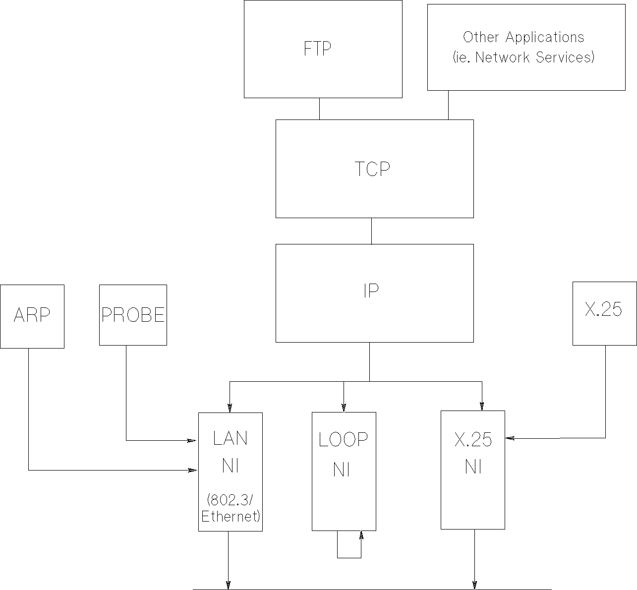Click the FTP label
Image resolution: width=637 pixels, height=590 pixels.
pos(317,49)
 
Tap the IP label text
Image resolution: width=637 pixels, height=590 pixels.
pos(371,291)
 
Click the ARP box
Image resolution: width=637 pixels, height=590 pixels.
pos(32,316)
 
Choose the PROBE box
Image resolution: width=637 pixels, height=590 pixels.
pos(133,315)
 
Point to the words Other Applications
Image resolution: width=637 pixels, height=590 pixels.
pos(523,37)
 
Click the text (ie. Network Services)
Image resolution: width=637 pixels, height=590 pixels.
pos(523,58)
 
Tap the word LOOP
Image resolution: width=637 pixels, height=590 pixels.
pos(343,440)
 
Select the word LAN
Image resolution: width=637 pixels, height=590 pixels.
pos(230,438)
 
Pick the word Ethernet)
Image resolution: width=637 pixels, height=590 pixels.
pos(231,516)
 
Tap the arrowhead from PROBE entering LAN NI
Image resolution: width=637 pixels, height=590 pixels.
pos(191,440)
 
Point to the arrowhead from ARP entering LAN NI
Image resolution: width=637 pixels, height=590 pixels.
pos(191,470)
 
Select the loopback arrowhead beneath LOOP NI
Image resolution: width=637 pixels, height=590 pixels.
pos(361,536)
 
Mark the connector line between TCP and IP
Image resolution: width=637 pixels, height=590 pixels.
pos(372,231)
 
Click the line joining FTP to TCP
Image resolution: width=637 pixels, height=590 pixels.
pos(319,109)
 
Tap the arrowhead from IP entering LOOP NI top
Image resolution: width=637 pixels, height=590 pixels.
pos(344,407)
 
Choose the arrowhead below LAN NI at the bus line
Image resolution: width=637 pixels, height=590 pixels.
pos(229,585)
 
